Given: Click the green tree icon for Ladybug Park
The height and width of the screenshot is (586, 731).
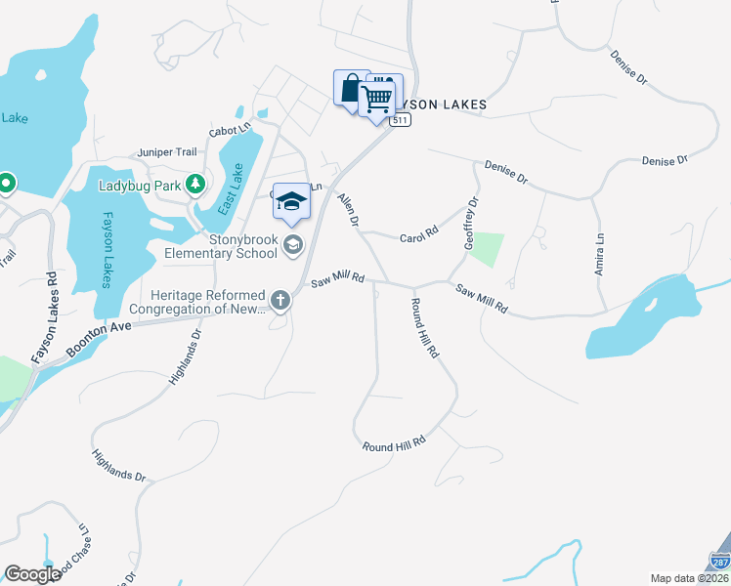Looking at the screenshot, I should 195,183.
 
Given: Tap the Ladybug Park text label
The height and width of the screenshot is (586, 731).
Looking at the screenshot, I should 141,184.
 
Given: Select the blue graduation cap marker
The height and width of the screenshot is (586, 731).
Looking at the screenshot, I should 291,202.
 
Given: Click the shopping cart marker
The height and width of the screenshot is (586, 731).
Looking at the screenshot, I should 376,98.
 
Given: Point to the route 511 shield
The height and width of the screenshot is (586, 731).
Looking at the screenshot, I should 400,120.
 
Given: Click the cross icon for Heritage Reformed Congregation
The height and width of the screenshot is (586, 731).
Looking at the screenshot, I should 280,300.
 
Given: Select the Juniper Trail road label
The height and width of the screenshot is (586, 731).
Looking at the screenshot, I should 167,152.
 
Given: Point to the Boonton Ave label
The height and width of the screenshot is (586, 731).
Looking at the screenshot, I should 98,338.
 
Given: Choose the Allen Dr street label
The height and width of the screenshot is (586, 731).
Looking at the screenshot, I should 347,211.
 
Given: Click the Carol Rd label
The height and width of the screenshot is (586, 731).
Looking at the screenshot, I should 419,237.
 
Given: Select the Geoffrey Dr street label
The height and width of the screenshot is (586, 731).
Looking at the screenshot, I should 470,224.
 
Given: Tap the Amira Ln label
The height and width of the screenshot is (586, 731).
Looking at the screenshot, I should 600,253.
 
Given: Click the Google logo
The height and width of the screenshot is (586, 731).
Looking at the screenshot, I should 32,574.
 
